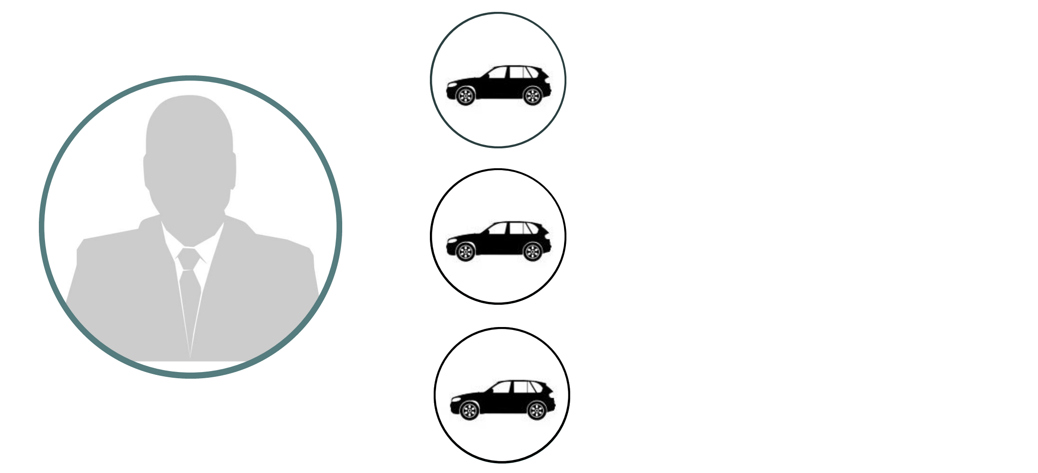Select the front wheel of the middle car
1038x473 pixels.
point(465,252)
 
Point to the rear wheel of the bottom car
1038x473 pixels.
point(536,410)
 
